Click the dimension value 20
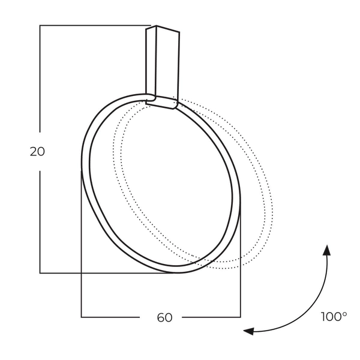pos(37,152)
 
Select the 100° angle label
pos(333,317)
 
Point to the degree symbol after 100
pos(344,313)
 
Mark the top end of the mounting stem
pos(164,28)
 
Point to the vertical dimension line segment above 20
pos(40,78)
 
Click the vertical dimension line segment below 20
pos(40,222)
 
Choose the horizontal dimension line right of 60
pos(210,317)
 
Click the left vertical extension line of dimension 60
pos(82,246)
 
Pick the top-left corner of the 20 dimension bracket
pos(40,25)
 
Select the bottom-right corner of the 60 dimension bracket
pos(241,317)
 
